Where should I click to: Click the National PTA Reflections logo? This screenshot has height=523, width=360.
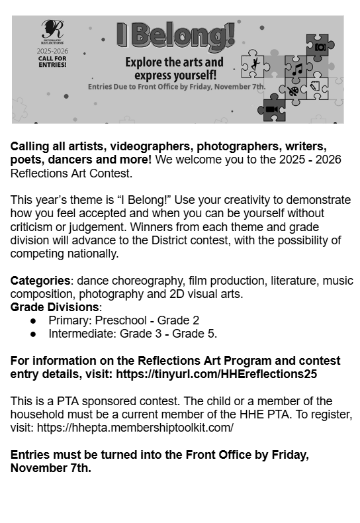[52, 32]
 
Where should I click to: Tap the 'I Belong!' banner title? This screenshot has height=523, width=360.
[175, 35]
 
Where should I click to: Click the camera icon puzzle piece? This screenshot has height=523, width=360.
[320, 46]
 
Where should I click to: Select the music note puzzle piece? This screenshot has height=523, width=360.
[298, 68]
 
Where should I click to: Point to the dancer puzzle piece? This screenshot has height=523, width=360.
[254, 66]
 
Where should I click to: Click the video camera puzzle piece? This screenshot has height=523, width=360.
[272, 108]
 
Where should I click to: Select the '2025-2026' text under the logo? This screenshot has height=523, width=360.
[52, 50]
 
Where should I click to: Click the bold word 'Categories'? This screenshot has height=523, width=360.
[40, 281]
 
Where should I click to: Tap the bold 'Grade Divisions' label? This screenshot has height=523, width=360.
[54, 307]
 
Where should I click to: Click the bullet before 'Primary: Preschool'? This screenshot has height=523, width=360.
[33, 321]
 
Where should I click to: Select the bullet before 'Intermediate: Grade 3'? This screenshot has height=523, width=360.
[33, 334]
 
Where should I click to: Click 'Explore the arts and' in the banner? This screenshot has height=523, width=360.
[175, 63]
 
